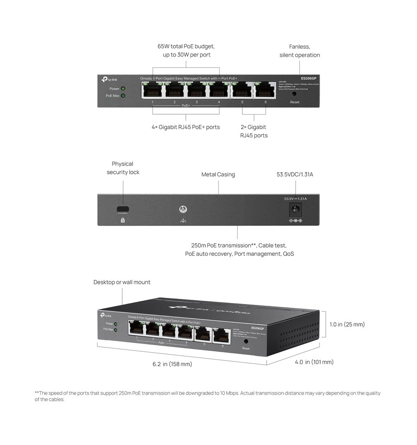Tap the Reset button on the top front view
tap(295, 94)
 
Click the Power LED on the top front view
tap(123, 88)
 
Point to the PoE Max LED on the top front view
tap(123, 96)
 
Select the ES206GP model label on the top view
tap(309, 78)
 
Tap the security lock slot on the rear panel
tap(123, 209)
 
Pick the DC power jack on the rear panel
tap(295, 209)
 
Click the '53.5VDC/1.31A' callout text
tap(295, 174)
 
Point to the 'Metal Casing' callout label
tap(218, 174)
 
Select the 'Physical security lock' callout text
tap(123, 168)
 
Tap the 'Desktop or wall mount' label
tap(122, 282)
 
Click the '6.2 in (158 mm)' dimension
tap(172, 364)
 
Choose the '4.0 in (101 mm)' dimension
tap(314, 362)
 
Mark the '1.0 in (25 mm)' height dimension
tap(347, 324)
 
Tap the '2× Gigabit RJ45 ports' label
tap(253, 131)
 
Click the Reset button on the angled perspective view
tap(246, 341)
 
